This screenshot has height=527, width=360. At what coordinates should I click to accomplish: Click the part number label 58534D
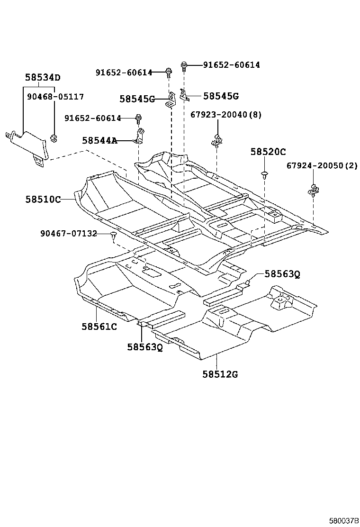(43, 78)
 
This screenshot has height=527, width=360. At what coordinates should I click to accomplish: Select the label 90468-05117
(55, 97)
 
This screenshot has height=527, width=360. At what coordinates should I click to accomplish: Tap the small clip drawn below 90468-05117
(54, 137)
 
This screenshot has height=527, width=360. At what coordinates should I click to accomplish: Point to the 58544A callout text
(99, 140)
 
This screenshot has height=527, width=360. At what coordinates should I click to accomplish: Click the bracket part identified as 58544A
(140, 136)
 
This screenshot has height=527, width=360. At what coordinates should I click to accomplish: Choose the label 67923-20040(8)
(226, 115)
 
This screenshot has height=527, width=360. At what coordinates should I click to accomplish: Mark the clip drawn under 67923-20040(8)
(217, 140)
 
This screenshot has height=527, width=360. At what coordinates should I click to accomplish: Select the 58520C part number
(268, 152)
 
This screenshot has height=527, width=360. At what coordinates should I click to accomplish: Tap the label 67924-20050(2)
(322, 165)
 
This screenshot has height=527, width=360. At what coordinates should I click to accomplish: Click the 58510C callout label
(43, 200)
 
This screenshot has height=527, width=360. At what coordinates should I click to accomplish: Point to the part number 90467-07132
(69, 233)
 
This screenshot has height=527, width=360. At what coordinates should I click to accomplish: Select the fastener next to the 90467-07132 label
(113, 235)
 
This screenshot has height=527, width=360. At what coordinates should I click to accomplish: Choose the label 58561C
(99, 326)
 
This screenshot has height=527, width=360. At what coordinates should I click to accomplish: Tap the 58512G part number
(220, 374)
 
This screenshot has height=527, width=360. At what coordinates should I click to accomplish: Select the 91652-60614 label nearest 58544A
(94, 118)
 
